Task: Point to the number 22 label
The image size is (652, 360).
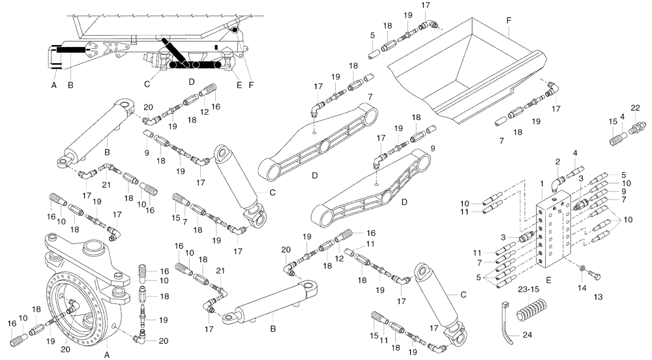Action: [635, 108]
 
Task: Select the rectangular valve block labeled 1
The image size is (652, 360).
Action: [554, 232]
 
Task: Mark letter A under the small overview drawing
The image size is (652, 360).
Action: [55, 85]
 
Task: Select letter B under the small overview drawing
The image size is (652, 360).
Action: [70, 85]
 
